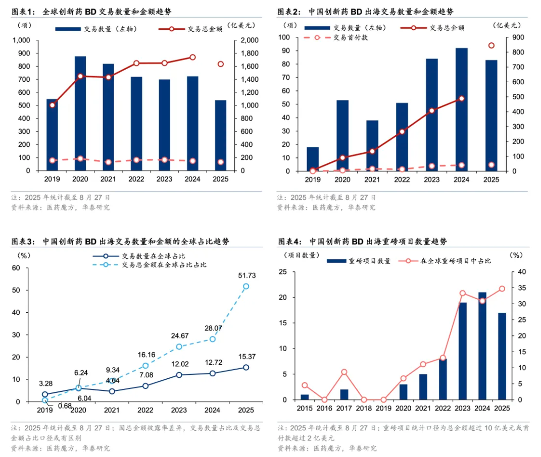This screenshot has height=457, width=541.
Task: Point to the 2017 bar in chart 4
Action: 344,394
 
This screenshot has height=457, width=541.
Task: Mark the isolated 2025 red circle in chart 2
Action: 491,45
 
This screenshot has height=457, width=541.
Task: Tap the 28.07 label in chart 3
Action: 213,328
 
